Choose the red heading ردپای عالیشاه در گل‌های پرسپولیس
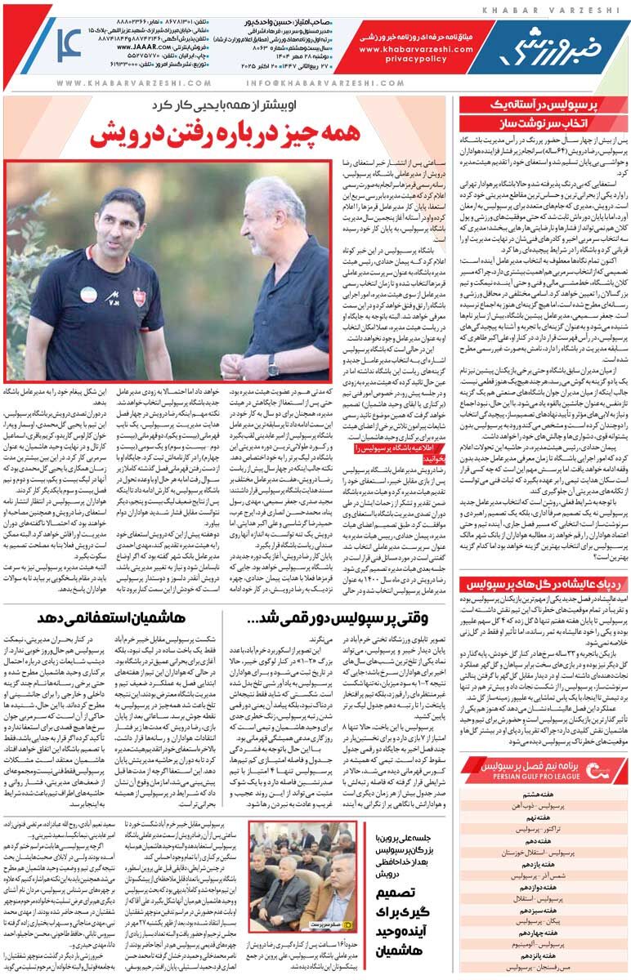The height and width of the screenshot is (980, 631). [543, 585]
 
